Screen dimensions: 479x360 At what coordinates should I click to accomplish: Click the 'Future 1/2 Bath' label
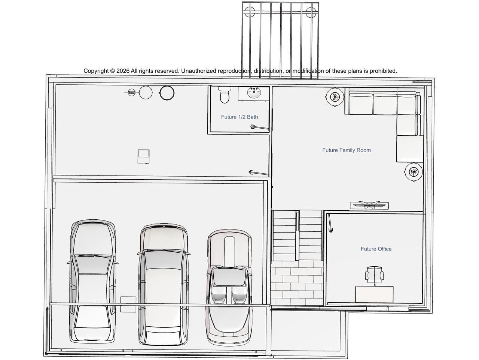(239, 117)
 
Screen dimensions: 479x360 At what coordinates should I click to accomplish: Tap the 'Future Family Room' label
(346, 150)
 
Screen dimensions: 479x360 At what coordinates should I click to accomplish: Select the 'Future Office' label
(376, 249)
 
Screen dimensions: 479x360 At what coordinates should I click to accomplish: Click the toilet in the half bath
(224, 94)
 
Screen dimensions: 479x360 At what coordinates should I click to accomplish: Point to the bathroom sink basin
(254, 93)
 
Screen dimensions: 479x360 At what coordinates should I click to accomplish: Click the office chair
(374, 276)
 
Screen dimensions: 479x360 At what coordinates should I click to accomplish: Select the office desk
(374, 294)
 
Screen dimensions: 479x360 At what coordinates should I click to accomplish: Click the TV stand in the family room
(369, 205)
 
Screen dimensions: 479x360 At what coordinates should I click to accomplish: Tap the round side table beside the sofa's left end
(335, 97)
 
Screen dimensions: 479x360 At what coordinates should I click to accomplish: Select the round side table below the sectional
(414, 172)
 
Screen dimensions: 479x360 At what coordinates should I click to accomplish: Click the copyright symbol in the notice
(113, 71)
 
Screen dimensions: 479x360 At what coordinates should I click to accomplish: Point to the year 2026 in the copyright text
(123, 71)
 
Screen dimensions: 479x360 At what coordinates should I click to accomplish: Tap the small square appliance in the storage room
(144, 156)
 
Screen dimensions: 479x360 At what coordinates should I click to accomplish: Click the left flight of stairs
(284, 235)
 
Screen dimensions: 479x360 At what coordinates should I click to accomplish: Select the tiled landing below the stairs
(297, 283)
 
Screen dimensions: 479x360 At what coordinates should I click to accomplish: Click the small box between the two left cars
(128, 304)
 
